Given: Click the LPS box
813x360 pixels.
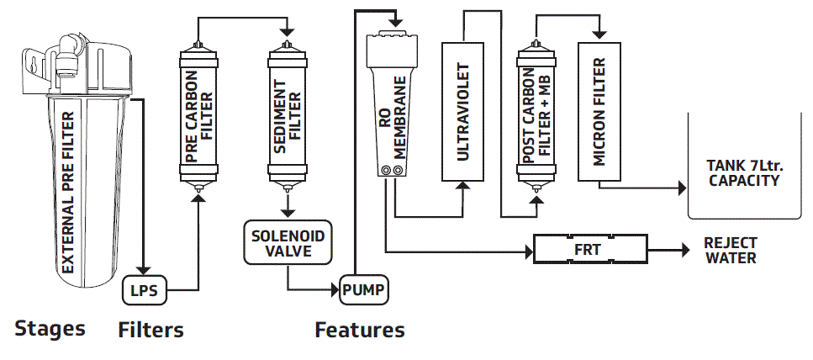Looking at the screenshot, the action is [x=144, y=290].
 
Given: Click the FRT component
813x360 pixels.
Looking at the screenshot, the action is [x=590, y=251].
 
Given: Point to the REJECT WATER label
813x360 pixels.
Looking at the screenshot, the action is [x=731, y=251].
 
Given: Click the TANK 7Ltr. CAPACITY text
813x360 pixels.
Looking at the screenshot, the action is [x=745, y=173].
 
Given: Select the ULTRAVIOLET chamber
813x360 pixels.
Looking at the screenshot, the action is [x=463, y=111].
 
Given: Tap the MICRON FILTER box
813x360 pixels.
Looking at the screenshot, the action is [x=600, y=111].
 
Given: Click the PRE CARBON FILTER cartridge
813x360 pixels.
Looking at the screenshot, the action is [x=198, y=117].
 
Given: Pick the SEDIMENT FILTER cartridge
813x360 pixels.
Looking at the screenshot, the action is [x=287, y=117].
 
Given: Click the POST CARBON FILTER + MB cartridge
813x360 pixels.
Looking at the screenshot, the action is [x=536, y=117].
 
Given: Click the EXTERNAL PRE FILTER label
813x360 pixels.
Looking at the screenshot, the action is [x=68, y=192].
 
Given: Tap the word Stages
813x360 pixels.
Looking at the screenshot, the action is [x=50, y=329].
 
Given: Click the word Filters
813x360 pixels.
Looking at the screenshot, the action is [x=150, y=330].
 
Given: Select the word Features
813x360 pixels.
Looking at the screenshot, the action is [x=360, y=330].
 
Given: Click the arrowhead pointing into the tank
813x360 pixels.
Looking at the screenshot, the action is [x=682, y=188].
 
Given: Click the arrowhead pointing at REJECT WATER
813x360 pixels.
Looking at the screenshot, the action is [x=685, y=251].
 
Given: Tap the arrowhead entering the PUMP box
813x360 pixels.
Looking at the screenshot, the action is [x=334, y=290].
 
